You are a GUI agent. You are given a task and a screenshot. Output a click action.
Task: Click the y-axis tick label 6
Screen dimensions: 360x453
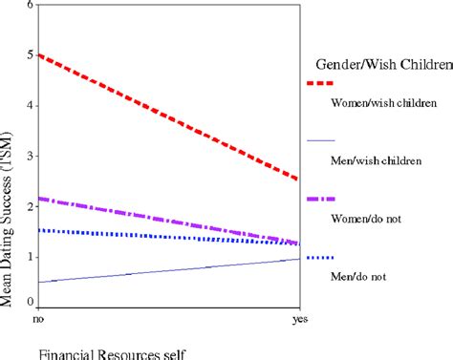click(30, 6)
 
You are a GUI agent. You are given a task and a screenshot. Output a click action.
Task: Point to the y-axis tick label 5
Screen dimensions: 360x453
click(30, 55)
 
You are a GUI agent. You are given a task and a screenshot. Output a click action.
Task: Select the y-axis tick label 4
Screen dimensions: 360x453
click(30, 105)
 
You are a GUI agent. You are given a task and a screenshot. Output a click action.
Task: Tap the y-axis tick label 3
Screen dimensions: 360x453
click(30, 156)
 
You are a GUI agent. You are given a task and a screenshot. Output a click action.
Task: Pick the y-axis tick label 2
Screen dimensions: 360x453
click(30, 206)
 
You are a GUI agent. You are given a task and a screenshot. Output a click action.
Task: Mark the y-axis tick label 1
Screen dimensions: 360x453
click(30, 256)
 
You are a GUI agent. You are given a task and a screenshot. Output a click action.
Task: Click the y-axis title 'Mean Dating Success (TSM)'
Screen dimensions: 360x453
click(9, 191)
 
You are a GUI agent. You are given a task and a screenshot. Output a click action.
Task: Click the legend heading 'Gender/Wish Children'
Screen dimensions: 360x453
click(381, 65)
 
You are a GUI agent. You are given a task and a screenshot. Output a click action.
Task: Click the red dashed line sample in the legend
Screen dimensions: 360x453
click(320, 84)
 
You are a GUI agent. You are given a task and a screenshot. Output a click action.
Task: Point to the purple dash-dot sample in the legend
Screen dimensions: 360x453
click(320, 199)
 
